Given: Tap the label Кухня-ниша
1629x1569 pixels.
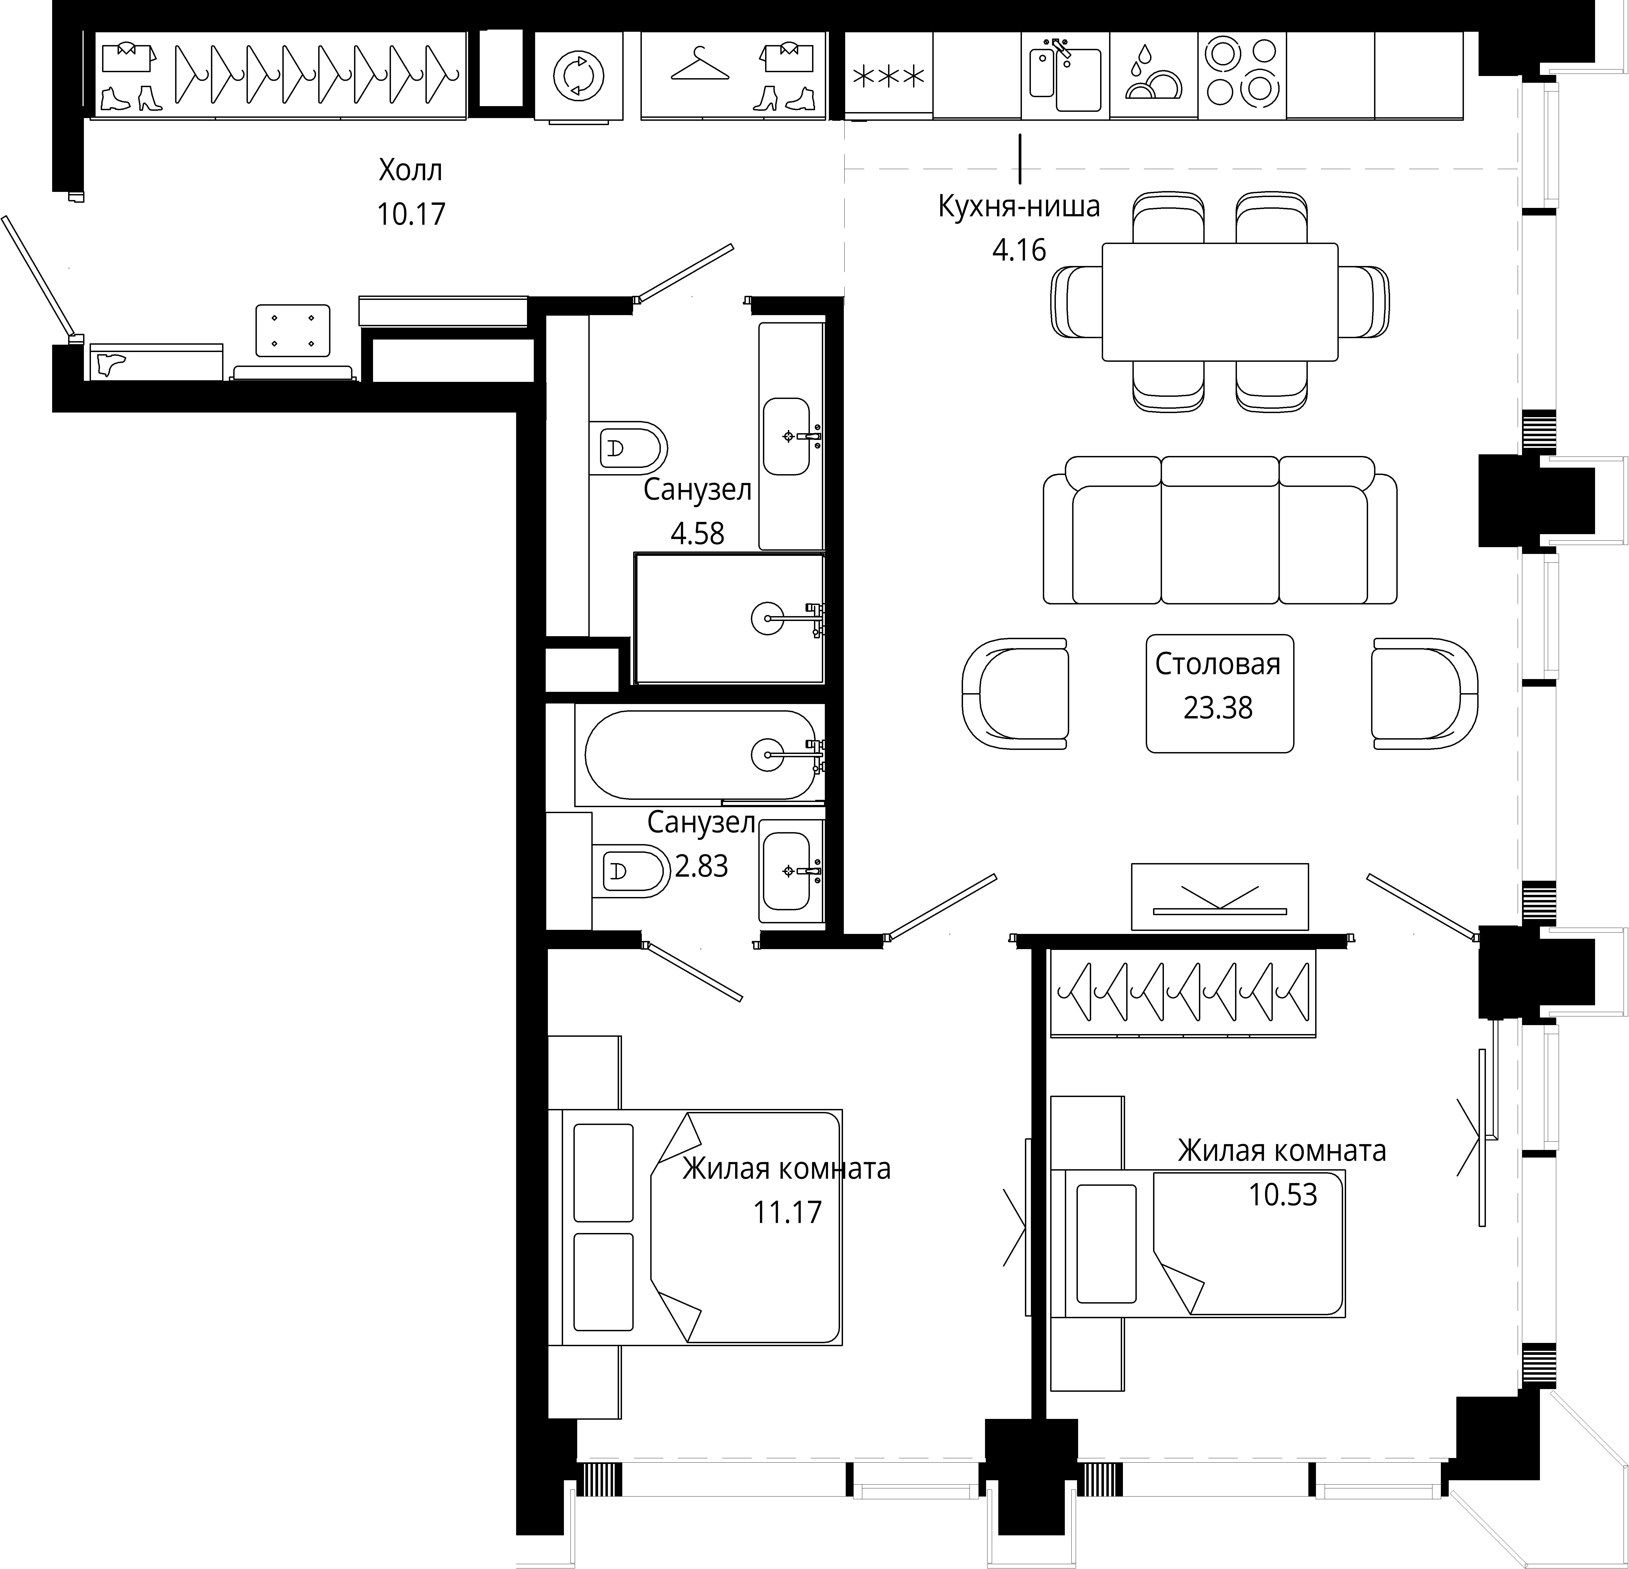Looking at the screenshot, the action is pyautogui.click(x=1019, y=206).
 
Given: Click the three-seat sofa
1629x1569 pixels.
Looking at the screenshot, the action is pyautogui.click(x=1220, y=530).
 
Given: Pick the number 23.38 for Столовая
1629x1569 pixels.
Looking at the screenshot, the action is pyautogui.click(x=1218, y=708).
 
